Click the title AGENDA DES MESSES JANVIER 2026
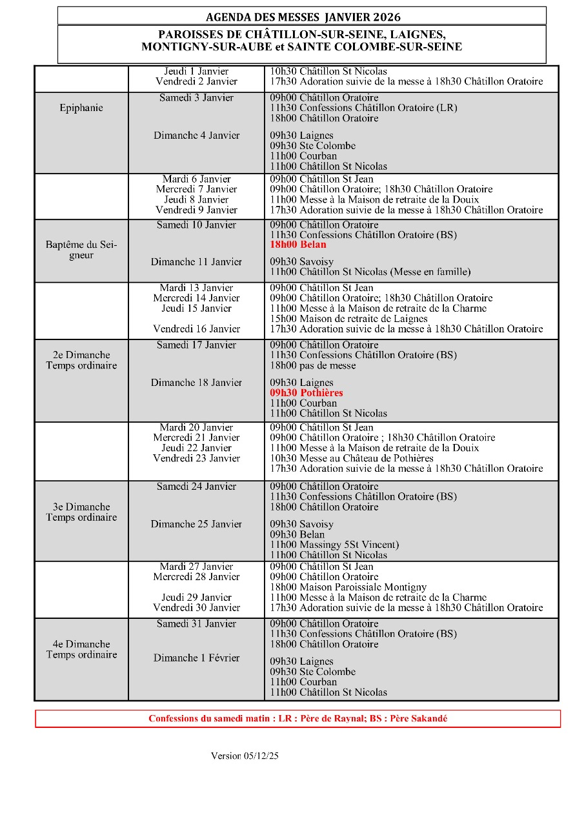coord(301,16)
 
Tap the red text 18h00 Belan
coord(298,245)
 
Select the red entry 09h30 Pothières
coord(307,393)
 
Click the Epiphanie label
coord(81,108)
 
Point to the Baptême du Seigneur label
coord(81,250)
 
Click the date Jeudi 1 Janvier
coord(196,72)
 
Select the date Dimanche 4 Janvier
coord(196,136)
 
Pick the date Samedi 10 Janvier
coord(196,225)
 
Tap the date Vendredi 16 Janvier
coord(196,329)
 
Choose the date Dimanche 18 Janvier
coord(196,383)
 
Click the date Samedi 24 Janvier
coord(196,487)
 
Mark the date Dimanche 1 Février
coord(196,658)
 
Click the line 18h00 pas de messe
coord(313,366)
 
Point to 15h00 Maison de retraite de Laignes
coord(349,319)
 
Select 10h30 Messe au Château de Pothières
coord(352,458)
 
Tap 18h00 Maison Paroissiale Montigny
coord(348,587)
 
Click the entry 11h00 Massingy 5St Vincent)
coord(334,545)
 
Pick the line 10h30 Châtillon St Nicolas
coord(328,72)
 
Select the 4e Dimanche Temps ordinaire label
coord(81,649)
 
